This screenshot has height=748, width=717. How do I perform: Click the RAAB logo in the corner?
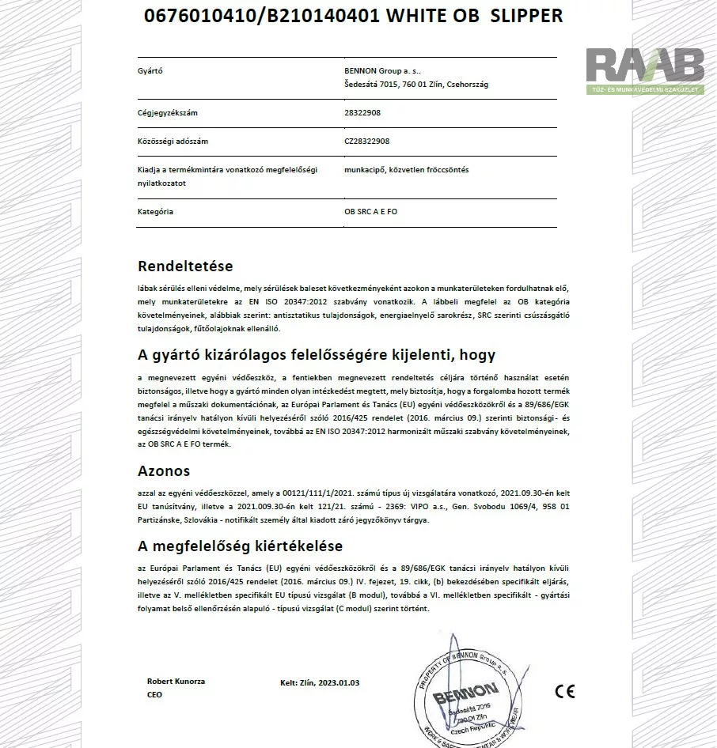pos(645,70)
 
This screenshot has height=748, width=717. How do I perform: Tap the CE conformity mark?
pos(564,691)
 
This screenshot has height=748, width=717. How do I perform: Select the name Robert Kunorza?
pos(175,681)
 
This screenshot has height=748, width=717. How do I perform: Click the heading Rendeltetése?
pos(185,266)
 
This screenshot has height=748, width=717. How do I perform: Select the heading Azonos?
pos(164,471)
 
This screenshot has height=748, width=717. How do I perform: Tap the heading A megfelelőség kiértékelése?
pos(240,546)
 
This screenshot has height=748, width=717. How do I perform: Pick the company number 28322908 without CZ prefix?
pos(362,113)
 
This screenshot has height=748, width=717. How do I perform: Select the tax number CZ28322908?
pos(367,142)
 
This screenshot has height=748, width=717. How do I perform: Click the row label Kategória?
pos(155,212)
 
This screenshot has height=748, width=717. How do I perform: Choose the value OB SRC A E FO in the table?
pos(372,212)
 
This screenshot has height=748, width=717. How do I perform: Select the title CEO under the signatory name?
pos(154,694)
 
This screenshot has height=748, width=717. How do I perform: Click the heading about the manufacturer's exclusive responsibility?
pos(317,355)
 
